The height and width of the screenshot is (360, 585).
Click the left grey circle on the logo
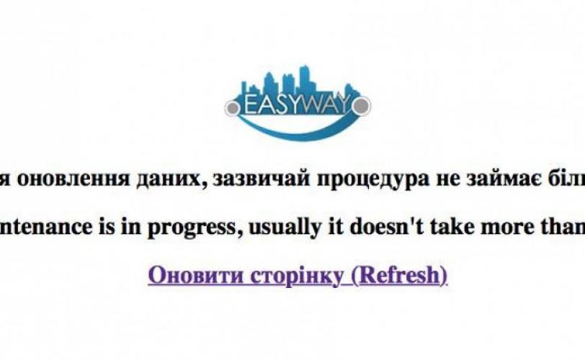point(233,108)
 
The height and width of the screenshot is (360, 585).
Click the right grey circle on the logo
point(361,106)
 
